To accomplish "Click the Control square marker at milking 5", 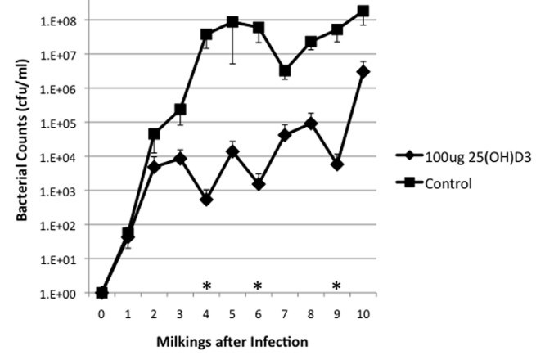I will click(x=232, y=22).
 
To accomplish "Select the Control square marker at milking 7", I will click(x=285, y=71).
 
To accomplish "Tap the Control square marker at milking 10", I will click(x=363, y=11).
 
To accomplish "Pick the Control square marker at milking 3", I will click(x=180, y=109).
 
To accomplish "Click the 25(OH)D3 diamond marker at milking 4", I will click(x=206, y=199).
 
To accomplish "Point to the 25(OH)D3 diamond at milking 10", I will click(x=363, y=72).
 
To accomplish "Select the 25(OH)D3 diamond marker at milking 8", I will click(x=311, y=124).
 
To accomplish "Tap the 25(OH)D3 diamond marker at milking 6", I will click(x=259, y=185).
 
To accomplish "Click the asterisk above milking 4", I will click(x=207, y=286).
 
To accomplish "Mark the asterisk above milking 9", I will click(x=336, y=286).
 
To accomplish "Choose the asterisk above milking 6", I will click(x=258, y=286).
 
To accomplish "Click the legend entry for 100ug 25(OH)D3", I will click(x=471, y=156).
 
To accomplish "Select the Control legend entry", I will click(x=448, y=183).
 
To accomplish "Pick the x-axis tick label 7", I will click(x=285, y=313).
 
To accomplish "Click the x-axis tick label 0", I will click(x=101, y=313).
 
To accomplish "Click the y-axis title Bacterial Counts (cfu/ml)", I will click(x=25, y=155).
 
